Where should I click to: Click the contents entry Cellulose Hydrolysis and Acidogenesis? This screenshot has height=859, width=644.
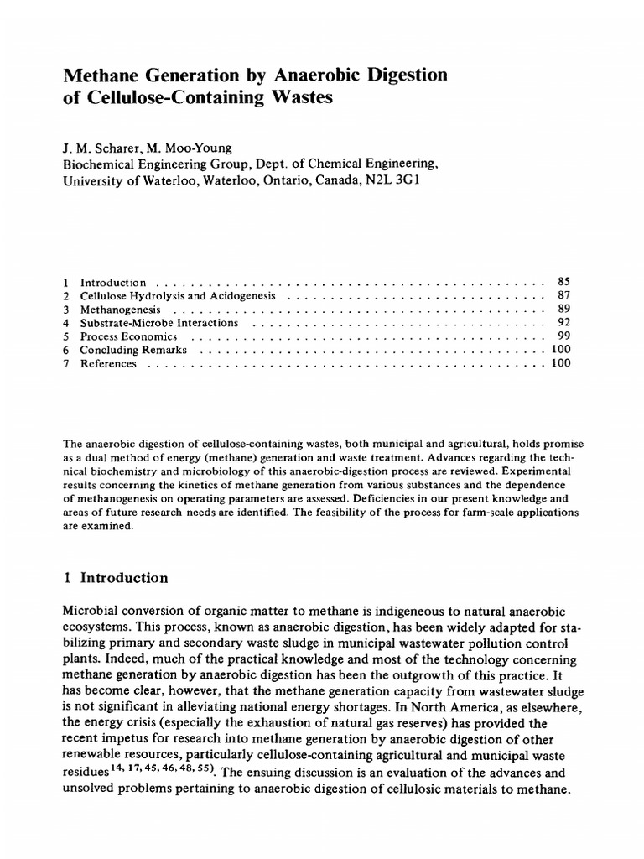[x=184, y=296]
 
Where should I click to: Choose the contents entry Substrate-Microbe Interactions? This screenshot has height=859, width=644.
[x=158, y=323]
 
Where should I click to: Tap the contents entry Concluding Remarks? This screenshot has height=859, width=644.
[x=133, y=350]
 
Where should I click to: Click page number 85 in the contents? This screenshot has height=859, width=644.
[x=563, y=283]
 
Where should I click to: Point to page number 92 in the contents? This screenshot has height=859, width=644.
[x=563, y=323]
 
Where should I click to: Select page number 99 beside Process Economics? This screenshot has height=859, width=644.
[x=563, y=336]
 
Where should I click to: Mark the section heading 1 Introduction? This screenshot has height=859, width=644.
[x=116, y=578]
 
